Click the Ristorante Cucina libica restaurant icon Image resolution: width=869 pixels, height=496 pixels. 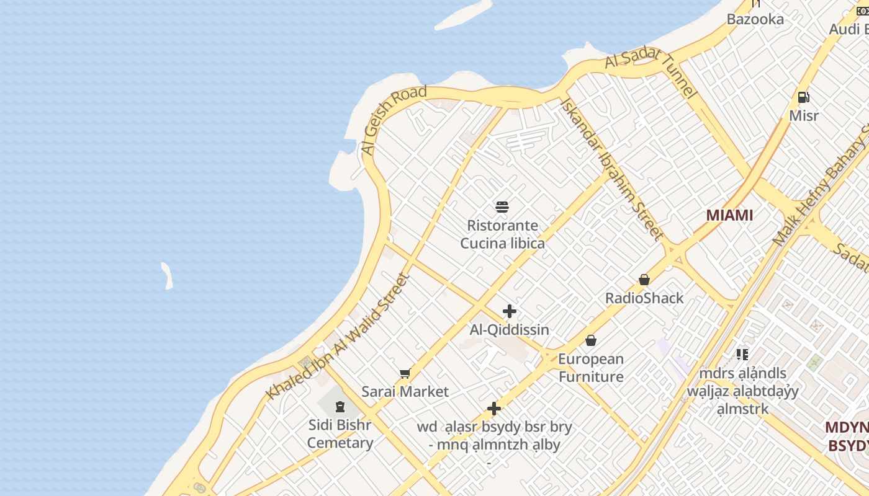(x=502, y=206)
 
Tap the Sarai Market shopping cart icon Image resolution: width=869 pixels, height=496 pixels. (x=405, y=373)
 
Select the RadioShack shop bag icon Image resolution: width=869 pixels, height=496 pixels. (x=644, y=280)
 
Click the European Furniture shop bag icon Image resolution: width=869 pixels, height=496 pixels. (x=591, y=340)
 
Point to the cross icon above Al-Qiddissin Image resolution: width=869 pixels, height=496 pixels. (x=510, y=311)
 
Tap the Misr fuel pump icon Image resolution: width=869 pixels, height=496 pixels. (x=803, y=97)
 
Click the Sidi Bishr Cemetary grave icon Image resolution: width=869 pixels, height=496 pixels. (x=340, y=407)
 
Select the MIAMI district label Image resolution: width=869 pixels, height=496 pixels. (x=729, y=215)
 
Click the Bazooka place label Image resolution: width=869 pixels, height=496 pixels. (x=755, y=19)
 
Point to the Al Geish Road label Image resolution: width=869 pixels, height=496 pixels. (x=394, y=120)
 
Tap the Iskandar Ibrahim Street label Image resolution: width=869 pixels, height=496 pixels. (x=612, y=167)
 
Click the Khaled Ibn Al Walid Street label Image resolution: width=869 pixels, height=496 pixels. (x=339, y=337)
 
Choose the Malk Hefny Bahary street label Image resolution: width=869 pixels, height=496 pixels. (x=819, y=192)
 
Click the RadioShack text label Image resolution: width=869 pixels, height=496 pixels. (x=644, y=298)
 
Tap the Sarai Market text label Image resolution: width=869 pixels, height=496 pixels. (x=405, y=392)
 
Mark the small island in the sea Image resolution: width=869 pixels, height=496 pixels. (x=167, y=276)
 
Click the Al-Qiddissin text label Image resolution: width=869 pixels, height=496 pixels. (x=509, y=330)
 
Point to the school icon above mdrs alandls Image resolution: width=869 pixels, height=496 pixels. (x=742, y=355)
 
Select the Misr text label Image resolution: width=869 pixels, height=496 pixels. (x=804, y=116)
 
